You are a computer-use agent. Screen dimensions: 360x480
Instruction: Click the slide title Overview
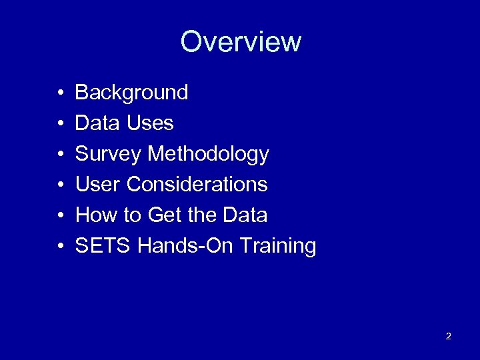click(241, 41)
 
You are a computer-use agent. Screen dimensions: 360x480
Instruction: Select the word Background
click(131, 93)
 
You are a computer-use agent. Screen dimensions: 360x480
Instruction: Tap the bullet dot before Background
click(60, 93)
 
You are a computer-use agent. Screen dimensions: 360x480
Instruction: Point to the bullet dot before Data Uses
click(60, 124)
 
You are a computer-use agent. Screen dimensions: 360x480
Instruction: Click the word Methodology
click(208, 155)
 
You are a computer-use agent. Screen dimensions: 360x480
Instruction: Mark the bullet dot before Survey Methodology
click(60, 155)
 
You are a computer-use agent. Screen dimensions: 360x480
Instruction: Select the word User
click(98, 185)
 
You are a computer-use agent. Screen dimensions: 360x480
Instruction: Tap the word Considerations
click(197, 185)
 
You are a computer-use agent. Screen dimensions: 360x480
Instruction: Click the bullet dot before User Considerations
click(60, 185)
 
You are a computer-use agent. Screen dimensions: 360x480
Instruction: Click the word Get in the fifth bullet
click(165, 215)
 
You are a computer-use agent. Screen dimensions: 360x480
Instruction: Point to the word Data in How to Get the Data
click(245, 215)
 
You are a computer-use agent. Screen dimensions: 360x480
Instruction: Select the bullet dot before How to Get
click(60, 216)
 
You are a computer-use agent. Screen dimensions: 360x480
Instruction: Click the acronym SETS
click(103, 246)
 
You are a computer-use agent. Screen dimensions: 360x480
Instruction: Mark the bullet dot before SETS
click(60, 247)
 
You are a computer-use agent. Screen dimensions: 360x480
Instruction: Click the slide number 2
click(448, 336)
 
